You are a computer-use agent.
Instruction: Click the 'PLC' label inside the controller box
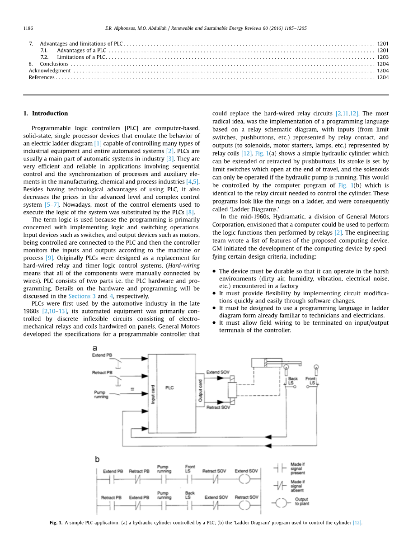pyautogui.click(x=169, y=388)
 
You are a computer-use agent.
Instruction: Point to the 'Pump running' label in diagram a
pyautogui.click(x=101, y=394)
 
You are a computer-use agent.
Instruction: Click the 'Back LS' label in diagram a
pyautogui.click(x=293, y=381)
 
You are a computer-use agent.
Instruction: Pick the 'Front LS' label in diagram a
pyautogui.click(x=311, y=381)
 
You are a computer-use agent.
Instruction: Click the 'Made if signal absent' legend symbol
pyautogui.click(x=282, y=484)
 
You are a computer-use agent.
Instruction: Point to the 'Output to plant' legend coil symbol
pyautogui.click(x=282, y=501)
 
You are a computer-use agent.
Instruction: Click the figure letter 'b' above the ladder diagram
pyautogui.click(x=97, y=459)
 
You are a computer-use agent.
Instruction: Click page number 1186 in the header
pyautogui.click(x=28, y=28)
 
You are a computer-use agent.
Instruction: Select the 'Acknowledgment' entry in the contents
pyautogui.click(x=50, y=71)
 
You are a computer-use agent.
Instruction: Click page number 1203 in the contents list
pyautogui.click(x=383, y=57)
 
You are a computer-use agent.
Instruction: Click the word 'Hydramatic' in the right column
pyautogui.click(x=288, y=217)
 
